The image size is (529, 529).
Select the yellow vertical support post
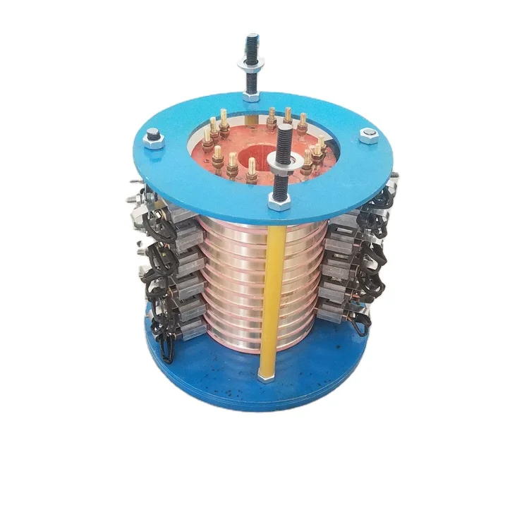point(269,296)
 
